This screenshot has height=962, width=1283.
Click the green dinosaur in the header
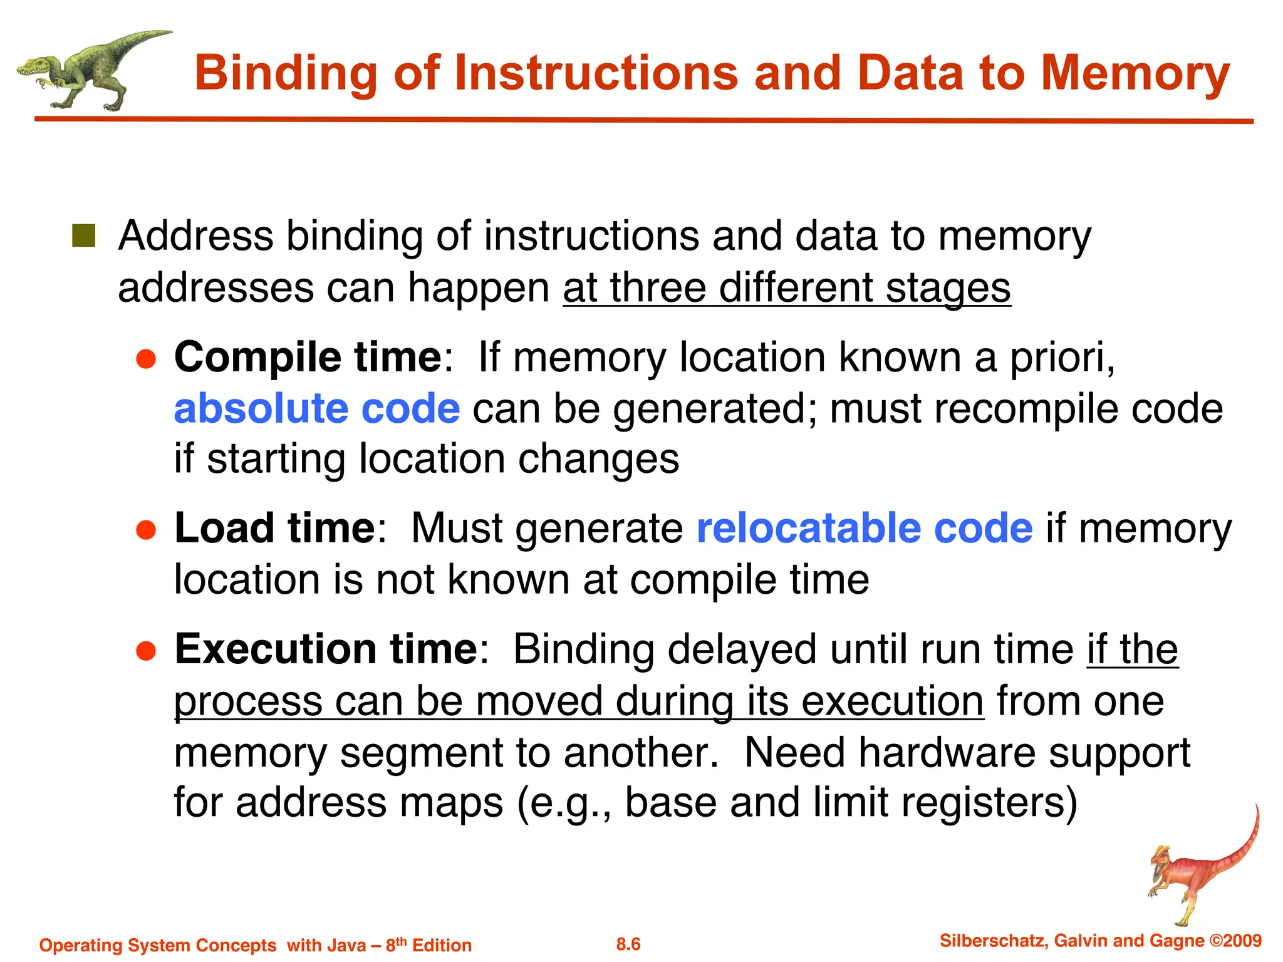pyautogui.click(x=88, y=70)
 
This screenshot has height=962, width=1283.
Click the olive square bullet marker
pyautogui.click(x=83, y=236)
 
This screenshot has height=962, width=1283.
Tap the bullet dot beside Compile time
pyautogui.click(x=146, y=359)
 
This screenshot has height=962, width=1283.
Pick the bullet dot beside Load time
pyautogui.click(x=146, y=530)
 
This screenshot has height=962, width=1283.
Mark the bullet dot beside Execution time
pyautogui.click(x=146, y=651)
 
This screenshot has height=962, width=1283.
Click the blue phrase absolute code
pyautogui.click(x=317, y=408)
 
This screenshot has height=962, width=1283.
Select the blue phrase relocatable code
pyautogui.click(x=865, y=528)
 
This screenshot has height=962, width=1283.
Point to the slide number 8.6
pyautogui.click(x=628, y=944)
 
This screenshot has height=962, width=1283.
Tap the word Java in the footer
pyautogui.click(x=344, y=945)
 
